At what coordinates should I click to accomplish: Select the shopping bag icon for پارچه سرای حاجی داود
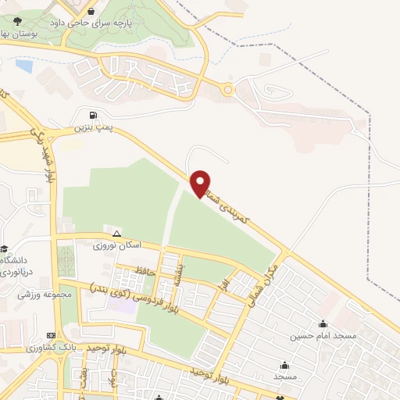(x=93, y=12)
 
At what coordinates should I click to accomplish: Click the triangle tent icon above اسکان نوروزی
(x=116, y=234)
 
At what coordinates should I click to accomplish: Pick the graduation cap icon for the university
(x=5, y=248)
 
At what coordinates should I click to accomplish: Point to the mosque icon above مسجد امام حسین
(x=323, y=323)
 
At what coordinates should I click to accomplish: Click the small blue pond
(x=23, y=66)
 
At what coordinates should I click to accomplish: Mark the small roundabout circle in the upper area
(x=227, y=90)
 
